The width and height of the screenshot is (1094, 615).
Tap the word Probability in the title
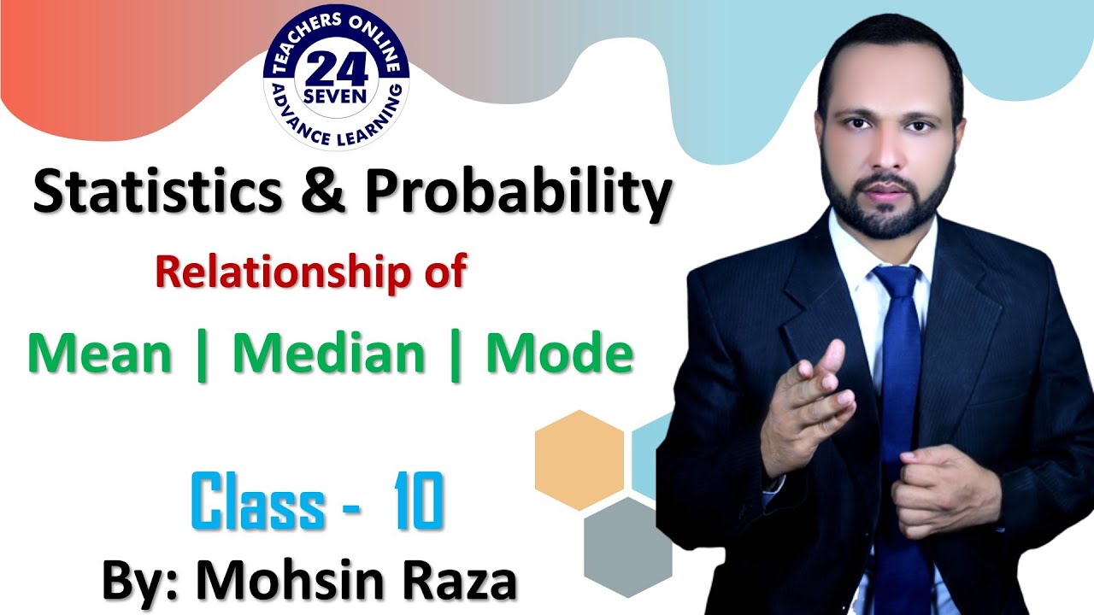click(x=518, y=194)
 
